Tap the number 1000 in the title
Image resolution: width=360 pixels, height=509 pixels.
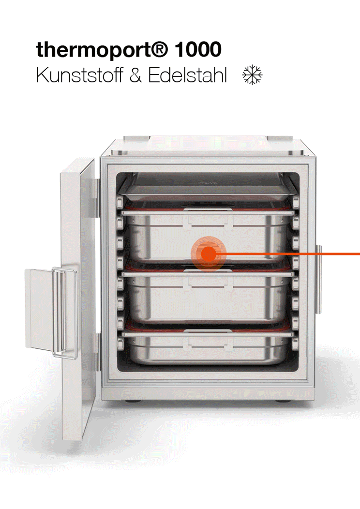198,49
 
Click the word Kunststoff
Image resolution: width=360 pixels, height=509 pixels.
79,75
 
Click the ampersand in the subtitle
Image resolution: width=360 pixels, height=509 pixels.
135,75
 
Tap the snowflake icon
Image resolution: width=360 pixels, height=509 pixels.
252,75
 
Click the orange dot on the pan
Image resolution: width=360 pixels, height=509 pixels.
209,254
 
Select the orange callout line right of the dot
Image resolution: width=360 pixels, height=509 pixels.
288,254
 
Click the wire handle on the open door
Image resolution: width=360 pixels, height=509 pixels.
64,313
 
